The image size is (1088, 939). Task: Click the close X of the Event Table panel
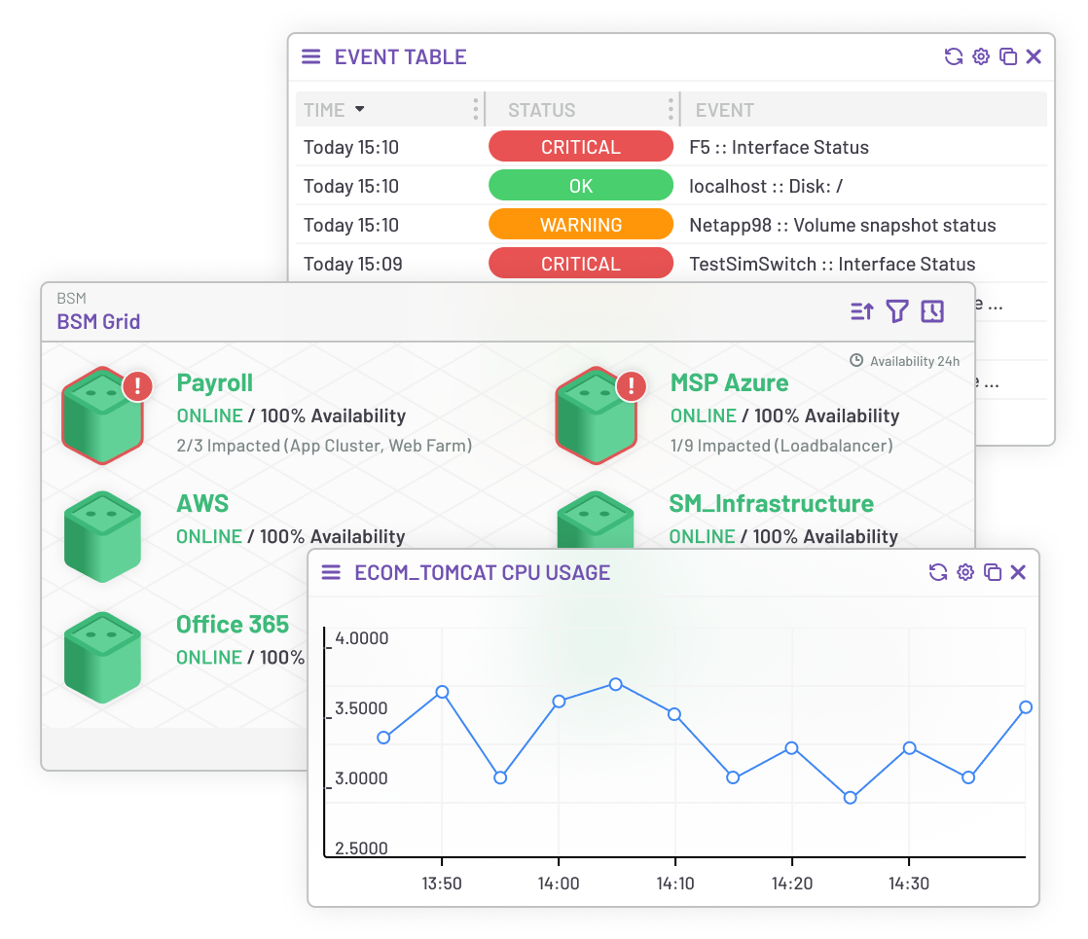click(x=1034, y=56)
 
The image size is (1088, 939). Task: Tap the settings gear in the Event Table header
click(x=981, y=56)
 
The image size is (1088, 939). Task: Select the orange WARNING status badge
click(x=581, y=225)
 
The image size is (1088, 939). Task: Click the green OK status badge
click(x=581, y=186)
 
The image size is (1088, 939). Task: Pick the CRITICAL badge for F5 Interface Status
click(x=581, y=147)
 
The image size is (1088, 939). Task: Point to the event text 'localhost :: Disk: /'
click(x=766, y=186)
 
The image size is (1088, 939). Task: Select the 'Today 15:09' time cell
click(x=352, y=264)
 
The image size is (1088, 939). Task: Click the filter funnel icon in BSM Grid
click(x=896, y=311)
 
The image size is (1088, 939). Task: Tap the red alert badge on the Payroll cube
click(x=137, y=386)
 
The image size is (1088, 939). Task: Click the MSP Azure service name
click(x=729, y=383)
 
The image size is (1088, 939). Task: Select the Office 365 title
click(x=233, y=625)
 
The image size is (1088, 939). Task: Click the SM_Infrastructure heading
click(x=771, y=504)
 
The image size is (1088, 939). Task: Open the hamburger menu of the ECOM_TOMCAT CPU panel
click(x=331, y=572)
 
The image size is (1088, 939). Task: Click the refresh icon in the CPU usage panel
click(x=938, y=572)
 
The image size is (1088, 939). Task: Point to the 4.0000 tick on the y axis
click(x=361, y=638)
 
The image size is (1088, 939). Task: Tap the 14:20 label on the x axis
click(x=791, y=884)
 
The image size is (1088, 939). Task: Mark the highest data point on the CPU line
click(x=615, y=684)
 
